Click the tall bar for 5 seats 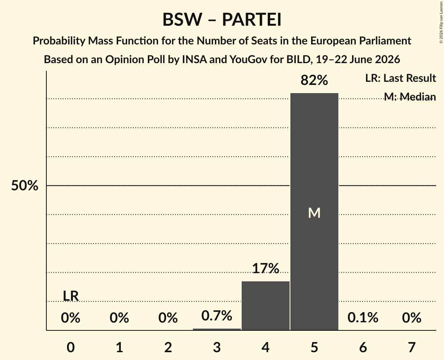[x=314, y=212]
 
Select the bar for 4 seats [x=265, y=306]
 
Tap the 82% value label [x=314, y=80]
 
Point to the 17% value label [x=265, y=268]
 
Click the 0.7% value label [x=217, y=316]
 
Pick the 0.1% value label [x=363, y=318]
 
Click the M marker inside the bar [x=314, y=213]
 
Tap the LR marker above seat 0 [x=71, y=296]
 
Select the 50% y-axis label [x=25, y=186]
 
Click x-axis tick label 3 [x=217, y=347]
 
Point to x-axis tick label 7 [x=412, y=347]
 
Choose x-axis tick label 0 [x=71, y=347]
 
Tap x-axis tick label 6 [x=363, y=347]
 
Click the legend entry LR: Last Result [x=401, y=78]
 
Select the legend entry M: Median [x=410, y=97]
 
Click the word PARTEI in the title [x=252, y=19]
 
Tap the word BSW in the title [x=182, y=19]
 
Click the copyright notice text [x=441, y=22]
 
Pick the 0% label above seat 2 [x=168, y=318]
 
